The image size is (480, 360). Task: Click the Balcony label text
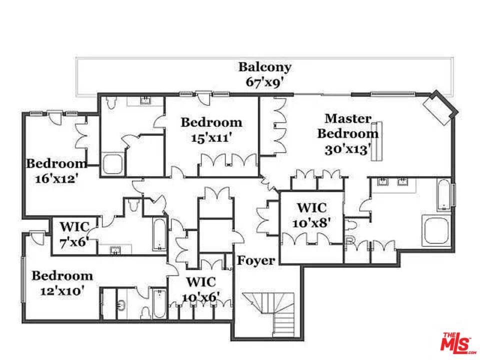point(264,67)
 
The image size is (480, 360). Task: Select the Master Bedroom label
point(348,126)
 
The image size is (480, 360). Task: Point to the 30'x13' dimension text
point(348,149)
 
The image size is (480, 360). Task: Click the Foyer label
point(255,260)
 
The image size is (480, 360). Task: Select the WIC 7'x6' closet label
point(74,234)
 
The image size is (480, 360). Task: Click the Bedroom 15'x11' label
point(211,129)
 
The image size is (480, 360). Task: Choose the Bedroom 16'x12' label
point(55,170)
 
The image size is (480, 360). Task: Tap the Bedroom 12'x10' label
point(62,282)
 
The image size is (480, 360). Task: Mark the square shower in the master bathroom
point(436,231)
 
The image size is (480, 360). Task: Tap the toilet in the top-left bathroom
point(111,103)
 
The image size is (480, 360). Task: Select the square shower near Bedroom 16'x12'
point(112,163)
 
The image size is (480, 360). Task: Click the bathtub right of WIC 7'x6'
point(159,234)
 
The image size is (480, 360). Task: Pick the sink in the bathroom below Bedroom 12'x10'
point(121,304)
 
